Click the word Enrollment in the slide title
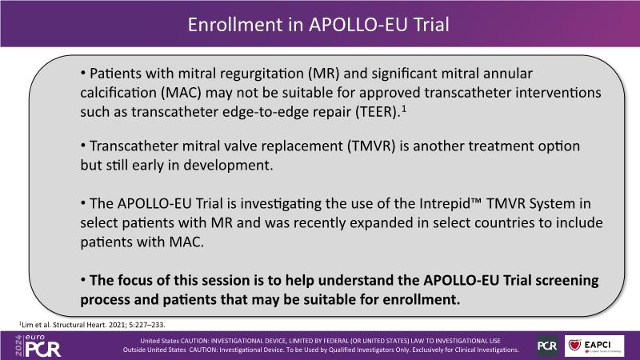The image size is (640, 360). point(234,25)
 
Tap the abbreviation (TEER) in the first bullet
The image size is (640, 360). point(378,111)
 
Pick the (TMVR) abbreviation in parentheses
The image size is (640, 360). point(371,146)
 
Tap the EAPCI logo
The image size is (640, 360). point(594,346)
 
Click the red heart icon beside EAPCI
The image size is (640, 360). point(574,345)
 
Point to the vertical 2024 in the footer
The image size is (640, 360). point(18,346)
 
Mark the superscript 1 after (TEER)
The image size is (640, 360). point(404,109)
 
